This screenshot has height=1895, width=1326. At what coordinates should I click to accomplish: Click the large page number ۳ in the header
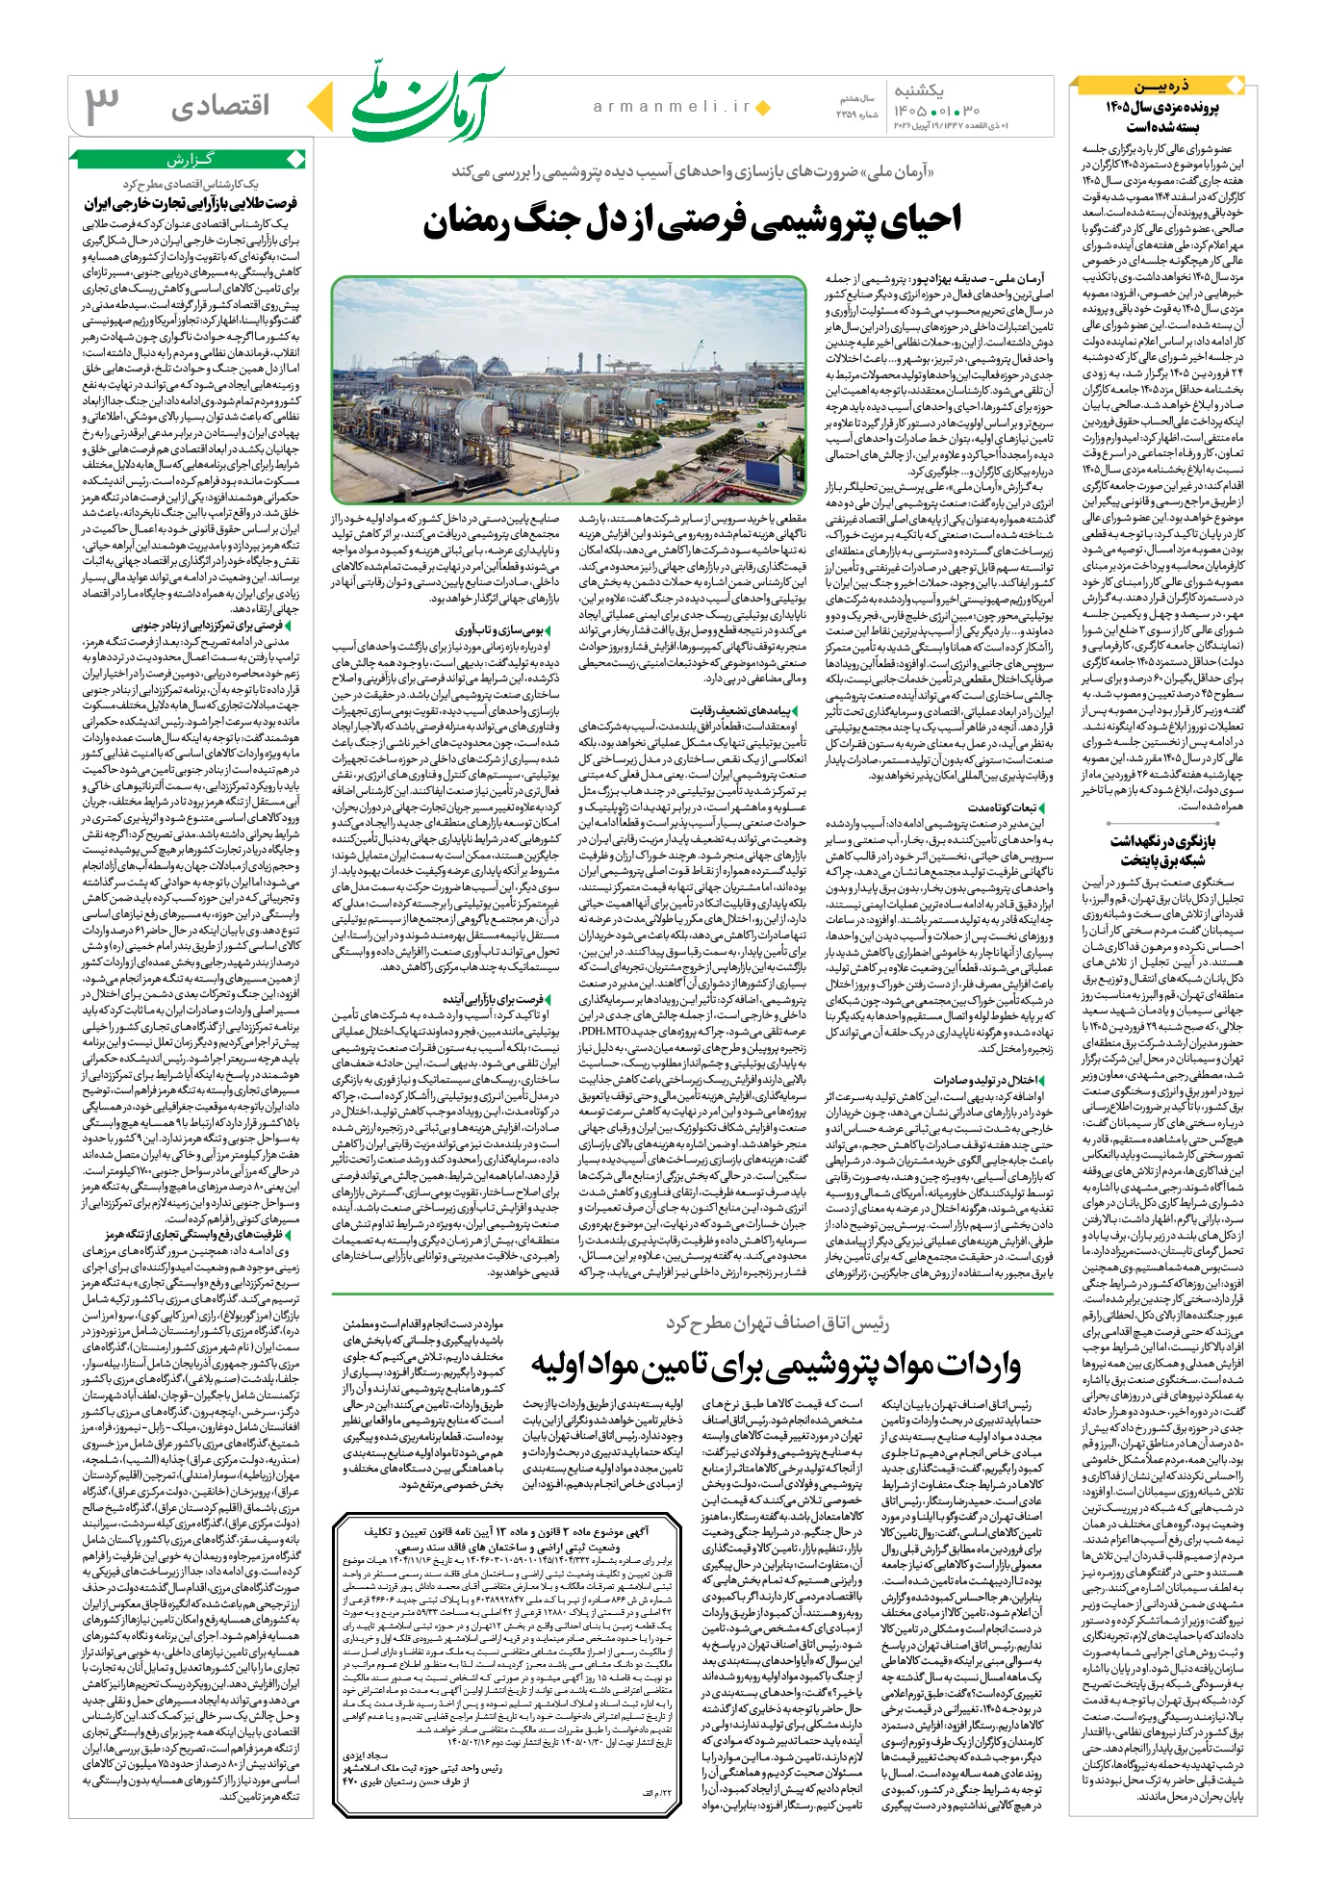coord(103,106)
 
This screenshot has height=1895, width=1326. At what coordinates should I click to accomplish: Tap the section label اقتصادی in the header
coord(220,106)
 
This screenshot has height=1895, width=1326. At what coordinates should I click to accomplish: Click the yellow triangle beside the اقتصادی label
coord(320,106)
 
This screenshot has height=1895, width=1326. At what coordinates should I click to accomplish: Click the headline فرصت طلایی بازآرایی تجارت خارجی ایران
coord(191,203)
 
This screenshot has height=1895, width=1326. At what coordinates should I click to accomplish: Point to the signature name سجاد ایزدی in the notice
coord(365,1755)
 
